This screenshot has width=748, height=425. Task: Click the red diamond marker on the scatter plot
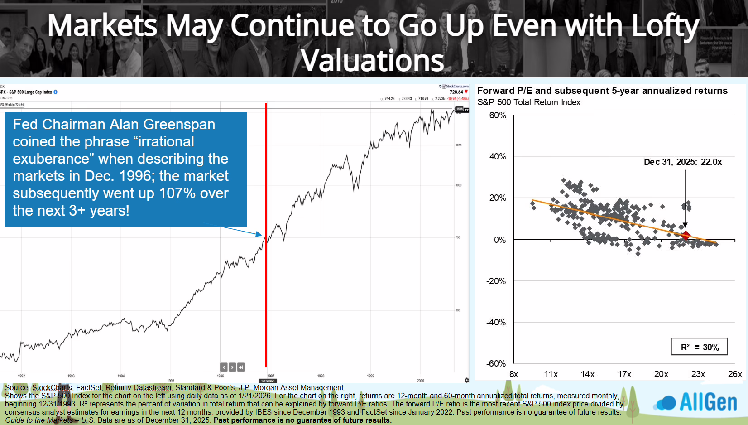coord(686,235)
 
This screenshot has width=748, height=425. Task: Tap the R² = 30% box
coord(699,347)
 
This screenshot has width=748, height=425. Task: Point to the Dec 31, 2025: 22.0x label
coord(682,162)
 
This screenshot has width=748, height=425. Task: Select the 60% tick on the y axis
coord(498,116)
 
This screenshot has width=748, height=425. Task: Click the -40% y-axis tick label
coord(496,322)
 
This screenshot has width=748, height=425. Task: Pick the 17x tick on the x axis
coord(624,374)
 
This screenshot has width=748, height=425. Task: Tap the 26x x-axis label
coord(734,374)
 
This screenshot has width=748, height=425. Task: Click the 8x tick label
coord(513,374)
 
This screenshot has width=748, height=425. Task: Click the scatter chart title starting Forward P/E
coord(602,91)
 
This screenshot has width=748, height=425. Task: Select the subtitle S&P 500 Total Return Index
coord(528,102)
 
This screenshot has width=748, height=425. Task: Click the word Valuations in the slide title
coord(373,60)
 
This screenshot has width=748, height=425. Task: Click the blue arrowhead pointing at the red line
coord(259,234)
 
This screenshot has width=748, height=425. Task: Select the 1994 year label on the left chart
coord(121,376)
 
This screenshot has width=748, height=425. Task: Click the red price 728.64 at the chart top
coord(456,92)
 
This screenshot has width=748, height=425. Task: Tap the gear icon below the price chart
coord(466,380)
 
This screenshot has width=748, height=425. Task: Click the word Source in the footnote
coord(17,388)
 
